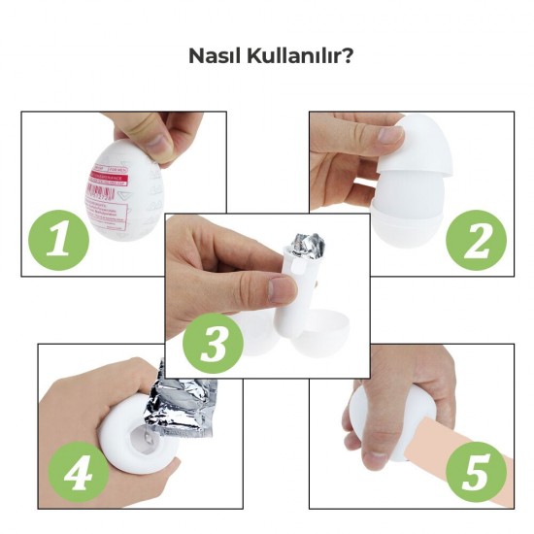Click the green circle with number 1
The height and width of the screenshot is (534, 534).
coord(59,237)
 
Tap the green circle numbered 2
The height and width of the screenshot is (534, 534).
coord(477,237)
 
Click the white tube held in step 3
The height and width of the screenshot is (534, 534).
coord(296,291)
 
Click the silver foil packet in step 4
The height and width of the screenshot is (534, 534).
coord(189,403)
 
